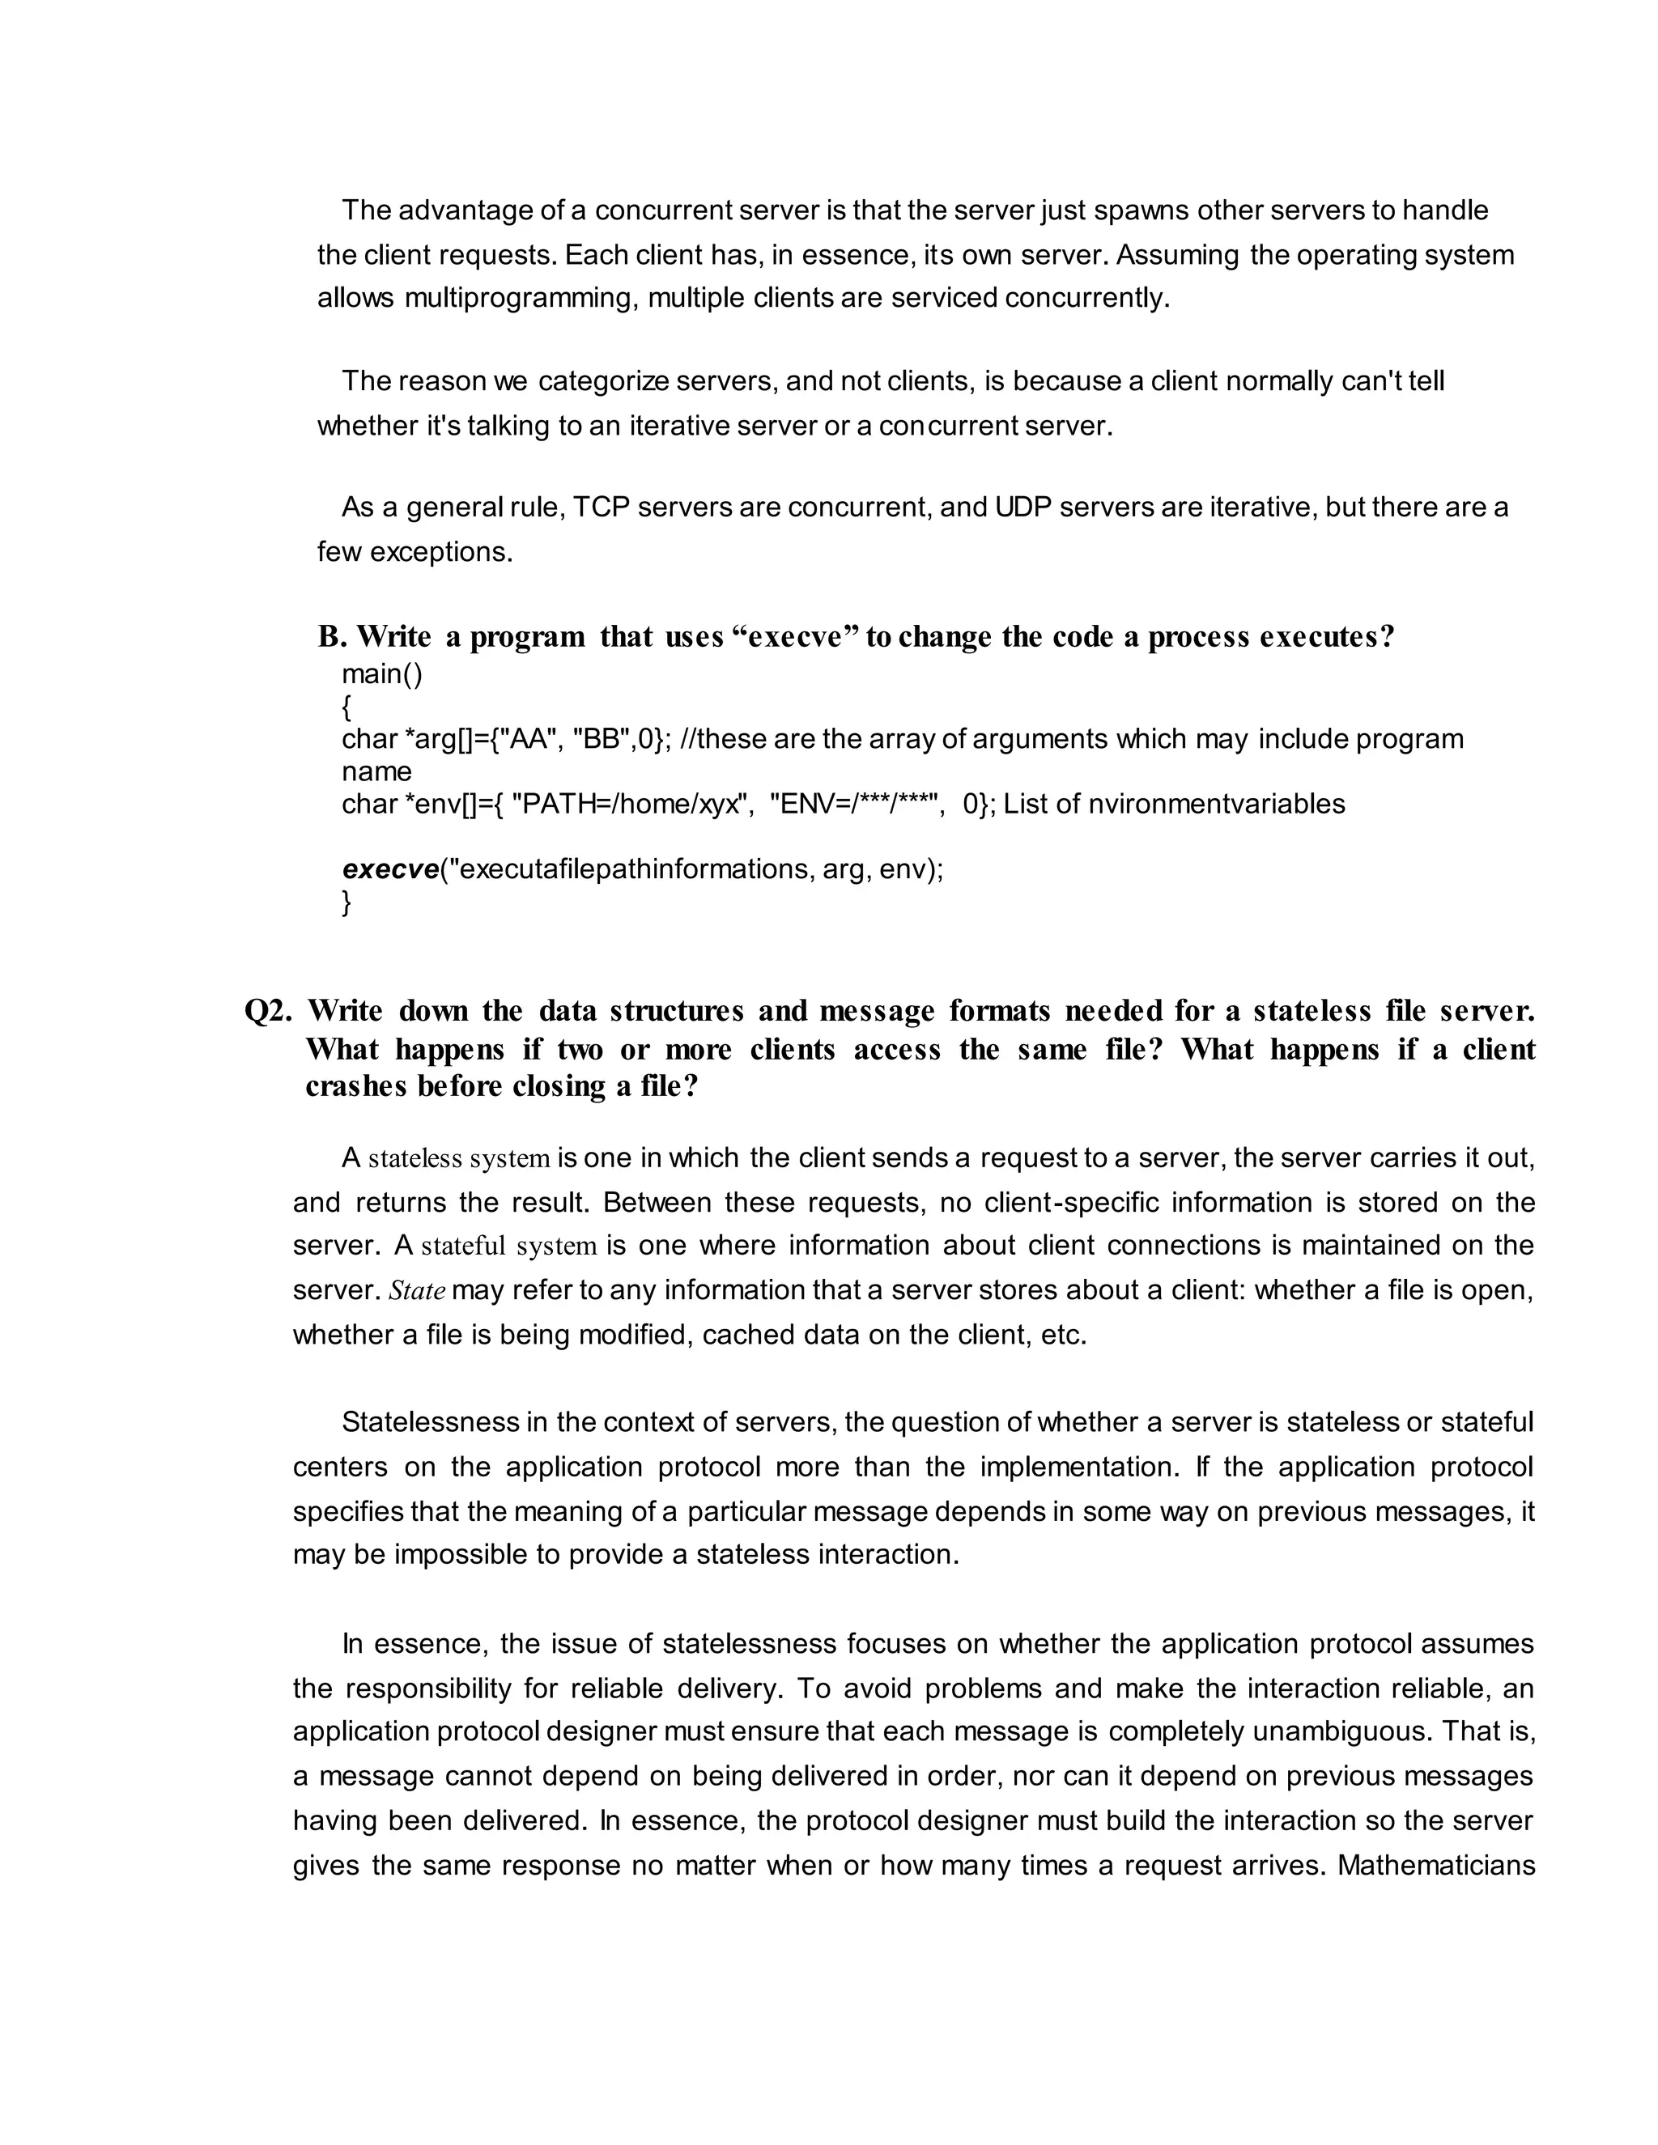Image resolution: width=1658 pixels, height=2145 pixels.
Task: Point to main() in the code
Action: [x=382, y=673]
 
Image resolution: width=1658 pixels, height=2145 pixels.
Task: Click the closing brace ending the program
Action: [x=346, y=902]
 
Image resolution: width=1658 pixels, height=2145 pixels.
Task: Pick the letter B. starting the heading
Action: [x=332, y=637]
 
